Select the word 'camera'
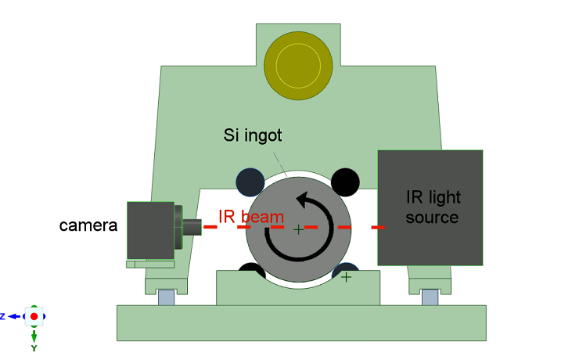[x=88, y=226]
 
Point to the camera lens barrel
[x=192, y=228]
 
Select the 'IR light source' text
[x=432, y=207]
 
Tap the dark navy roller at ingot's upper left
[x=250, y=182]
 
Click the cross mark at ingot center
[x=297, y=229]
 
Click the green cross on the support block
[x=346, y=276]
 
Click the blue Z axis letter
[x=3, y=316]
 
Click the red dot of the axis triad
[x=34, y=316]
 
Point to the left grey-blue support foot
[x=166, y=297]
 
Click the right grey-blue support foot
[x=429, y=297]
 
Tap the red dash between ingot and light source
[x=378, y=228]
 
